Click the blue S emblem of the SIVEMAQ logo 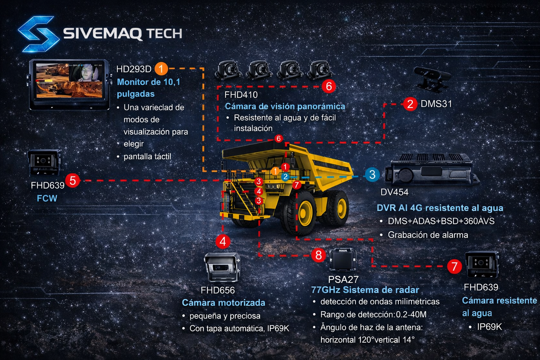pos(38,33)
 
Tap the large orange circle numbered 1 pos(161,69)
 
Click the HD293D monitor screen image pos(70,81)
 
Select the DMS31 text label pos(436,104)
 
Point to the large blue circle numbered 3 pos(372,175)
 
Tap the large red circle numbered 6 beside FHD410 pos(329,86)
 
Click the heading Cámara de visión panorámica pos(285,106)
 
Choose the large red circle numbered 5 pos(73,180)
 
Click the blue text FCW pos(47,198)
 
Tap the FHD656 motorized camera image pos(222,268)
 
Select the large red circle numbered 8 pos(319,255)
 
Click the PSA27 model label pos(343,279)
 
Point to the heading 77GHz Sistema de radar pos(365,290)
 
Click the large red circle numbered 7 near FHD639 pos(454,266)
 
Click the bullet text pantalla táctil pos(147,156)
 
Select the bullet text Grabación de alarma pos(428,235)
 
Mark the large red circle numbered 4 pos(223,242)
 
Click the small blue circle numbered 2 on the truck pos(285,176)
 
